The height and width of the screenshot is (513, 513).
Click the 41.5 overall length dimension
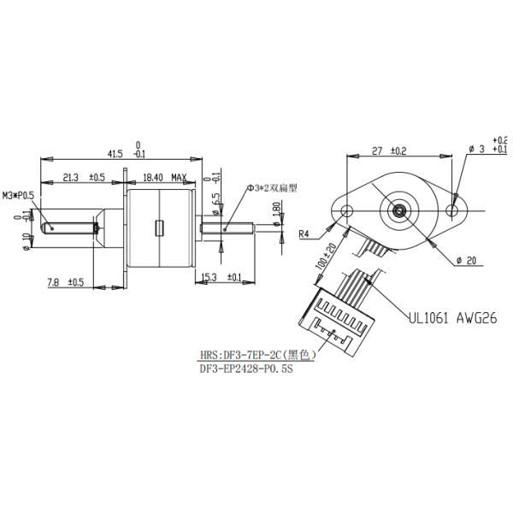120,153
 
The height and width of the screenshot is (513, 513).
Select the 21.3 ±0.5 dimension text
83,178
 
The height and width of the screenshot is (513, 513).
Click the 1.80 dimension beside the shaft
275,209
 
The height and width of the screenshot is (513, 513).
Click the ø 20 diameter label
471,259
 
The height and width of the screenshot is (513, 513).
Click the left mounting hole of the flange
346,210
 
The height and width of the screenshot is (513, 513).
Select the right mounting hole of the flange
454,209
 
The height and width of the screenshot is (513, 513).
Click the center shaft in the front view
400,209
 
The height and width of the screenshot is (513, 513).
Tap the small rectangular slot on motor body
159,227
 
